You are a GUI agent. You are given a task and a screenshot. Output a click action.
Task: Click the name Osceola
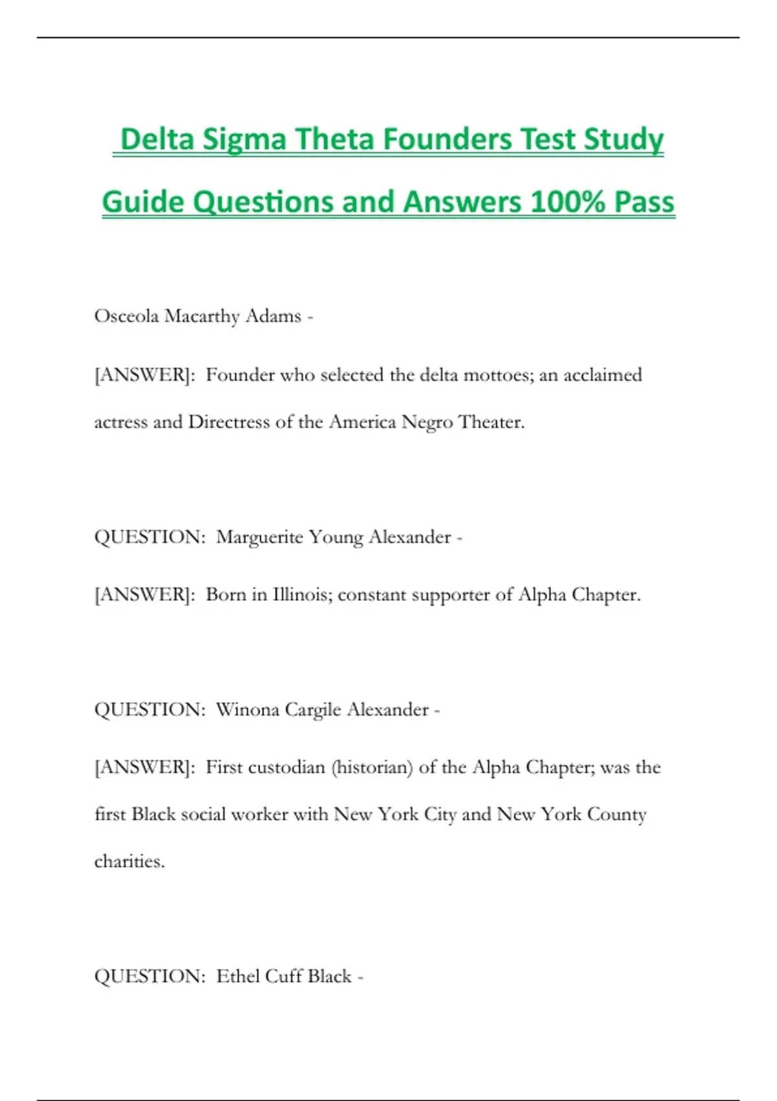tap(126, 316)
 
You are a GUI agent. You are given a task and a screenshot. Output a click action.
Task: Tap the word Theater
tap(491, 422)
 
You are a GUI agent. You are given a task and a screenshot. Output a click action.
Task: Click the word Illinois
tap(302, 595)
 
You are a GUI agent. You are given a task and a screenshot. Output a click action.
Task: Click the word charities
tap(129, 861)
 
